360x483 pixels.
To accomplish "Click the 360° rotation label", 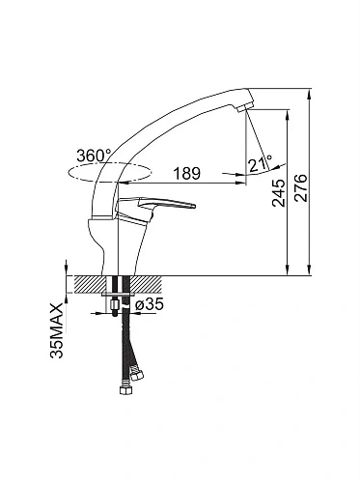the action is coord(94,156).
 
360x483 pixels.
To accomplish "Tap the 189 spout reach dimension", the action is coord(187,173).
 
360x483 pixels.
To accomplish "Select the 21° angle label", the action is coord(261,163).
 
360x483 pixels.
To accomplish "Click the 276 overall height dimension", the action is coord(301,187).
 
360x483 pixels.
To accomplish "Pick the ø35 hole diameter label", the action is coord(150,303).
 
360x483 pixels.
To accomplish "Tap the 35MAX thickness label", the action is coord(57,330).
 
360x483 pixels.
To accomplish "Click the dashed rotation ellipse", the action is coord(109,172).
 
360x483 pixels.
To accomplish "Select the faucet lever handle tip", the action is coord(194,206).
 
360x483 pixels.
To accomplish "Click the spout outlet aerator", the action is coord(246,107).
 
